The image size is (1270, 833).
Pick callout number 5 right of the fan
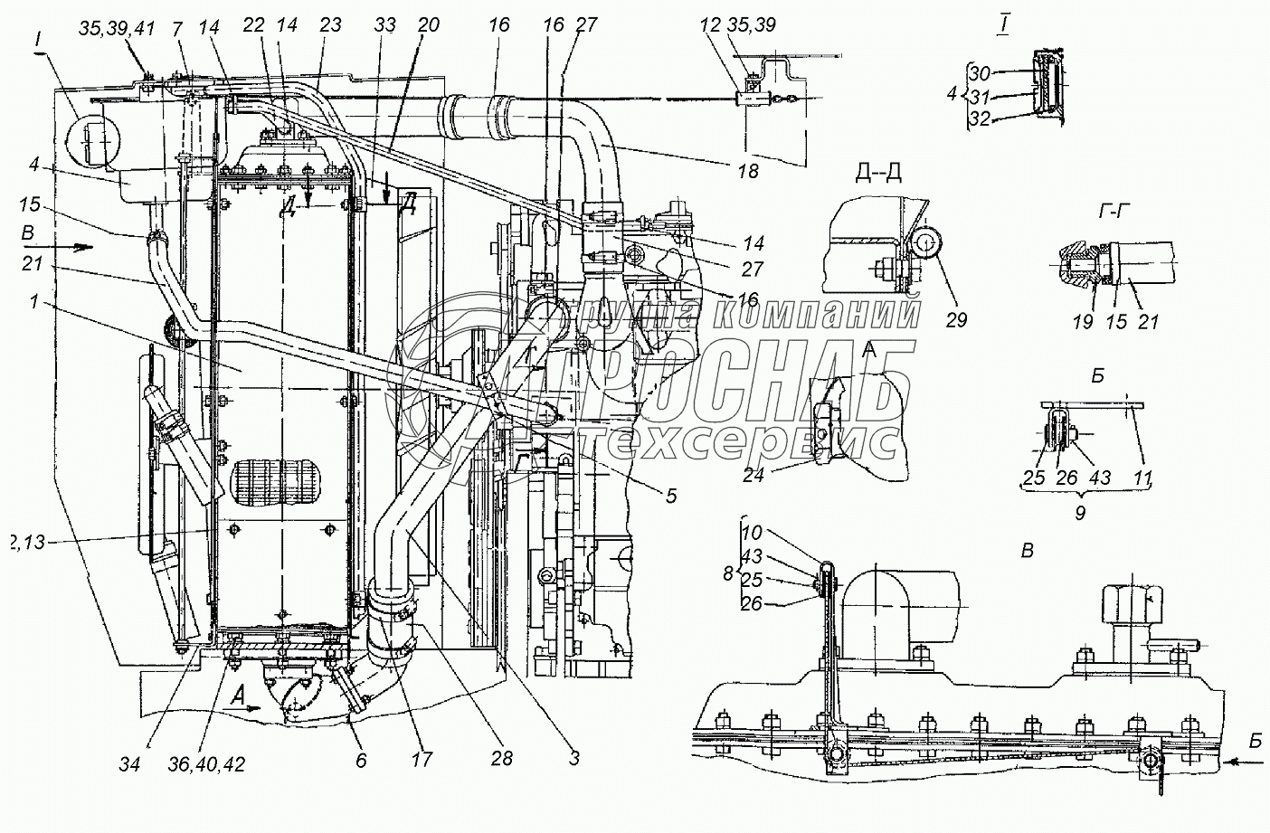(x=669, y=496)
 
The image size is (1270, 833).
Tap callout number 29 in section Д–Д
(x=955, y=319)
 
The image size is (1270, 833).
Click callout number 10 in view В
(x=753, y=534)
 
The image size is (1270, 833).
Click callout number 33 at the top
(x=385, y=25)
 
